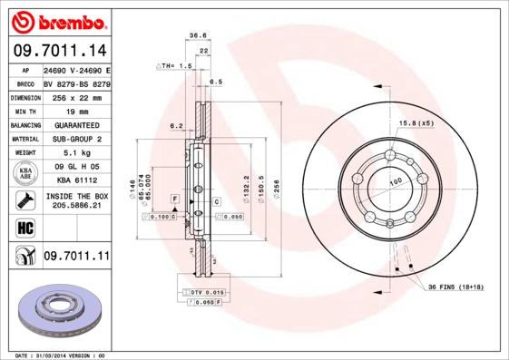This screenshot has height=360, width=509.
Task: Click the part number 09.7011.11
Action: (75, 257)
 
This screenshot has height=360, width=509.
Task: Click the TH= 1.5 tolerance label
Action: (176, 66)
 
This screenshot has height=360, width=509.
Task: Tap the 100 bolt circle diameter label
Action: (396, 182)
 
